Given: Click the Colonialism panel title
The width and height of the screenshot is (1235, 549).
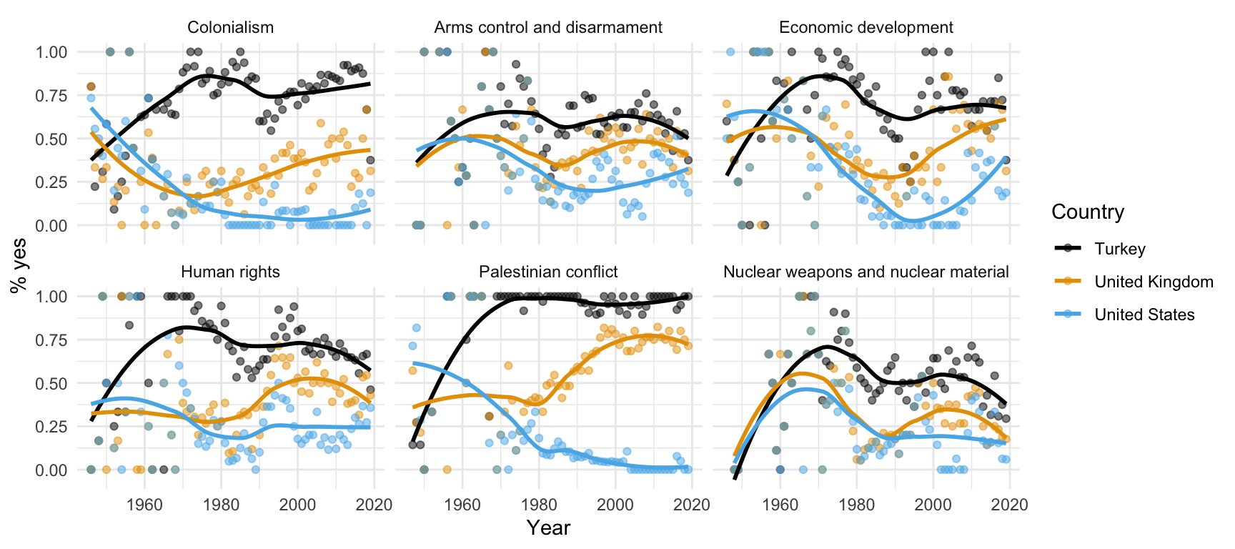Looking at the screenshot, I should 230,28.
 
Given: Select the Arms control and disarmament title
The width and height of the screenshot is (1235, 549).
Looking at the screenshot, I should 548,28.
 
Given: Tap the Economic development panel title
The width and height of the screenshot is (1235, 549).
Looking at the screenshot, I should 866,28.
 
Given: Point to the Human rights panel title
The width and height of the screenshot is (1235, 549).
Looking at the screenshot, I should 230,272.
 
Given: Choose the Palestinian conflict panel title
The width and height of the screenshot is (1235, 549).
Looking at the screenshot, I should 548,272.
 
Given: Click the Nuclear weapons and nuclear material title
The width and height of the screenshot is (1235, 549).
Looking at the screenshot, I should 866,272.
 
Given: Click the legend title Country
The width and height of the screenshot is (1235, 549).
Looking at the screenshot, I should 1088,212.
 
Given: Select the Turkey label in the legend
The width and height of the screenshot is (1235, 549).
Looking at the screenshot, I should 1120,249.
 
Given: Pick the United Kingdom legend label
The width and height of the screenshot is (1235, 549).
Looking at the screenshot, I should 1154,282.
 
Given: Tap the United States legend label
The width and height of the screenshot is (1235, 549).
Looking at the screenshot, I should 1144,315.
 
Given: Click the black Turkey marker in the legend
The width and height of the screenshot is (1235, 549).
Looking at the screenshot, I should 1069,249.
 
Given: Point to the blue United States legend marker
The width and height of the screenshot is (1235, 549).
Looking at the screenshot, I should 1069,315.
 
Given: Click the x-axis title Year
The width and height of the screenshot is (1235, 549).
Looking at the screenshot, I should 548,528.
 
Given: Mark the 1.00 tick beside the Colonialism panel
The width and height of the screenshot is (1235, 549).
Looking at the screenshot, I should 52,52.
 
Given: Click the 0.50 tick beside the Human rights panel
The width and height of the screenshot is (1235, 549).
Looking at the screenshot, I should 52,383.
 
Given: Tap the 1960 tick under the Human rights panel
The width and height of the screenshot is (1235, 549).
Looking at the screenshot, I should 144,505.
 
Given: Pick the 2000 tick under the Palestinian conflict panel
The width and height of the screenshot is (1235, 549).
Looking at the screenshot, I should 615,505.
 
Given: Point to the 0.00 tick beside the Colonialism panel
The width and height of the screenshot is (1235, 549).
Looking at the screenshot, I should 52,225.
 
